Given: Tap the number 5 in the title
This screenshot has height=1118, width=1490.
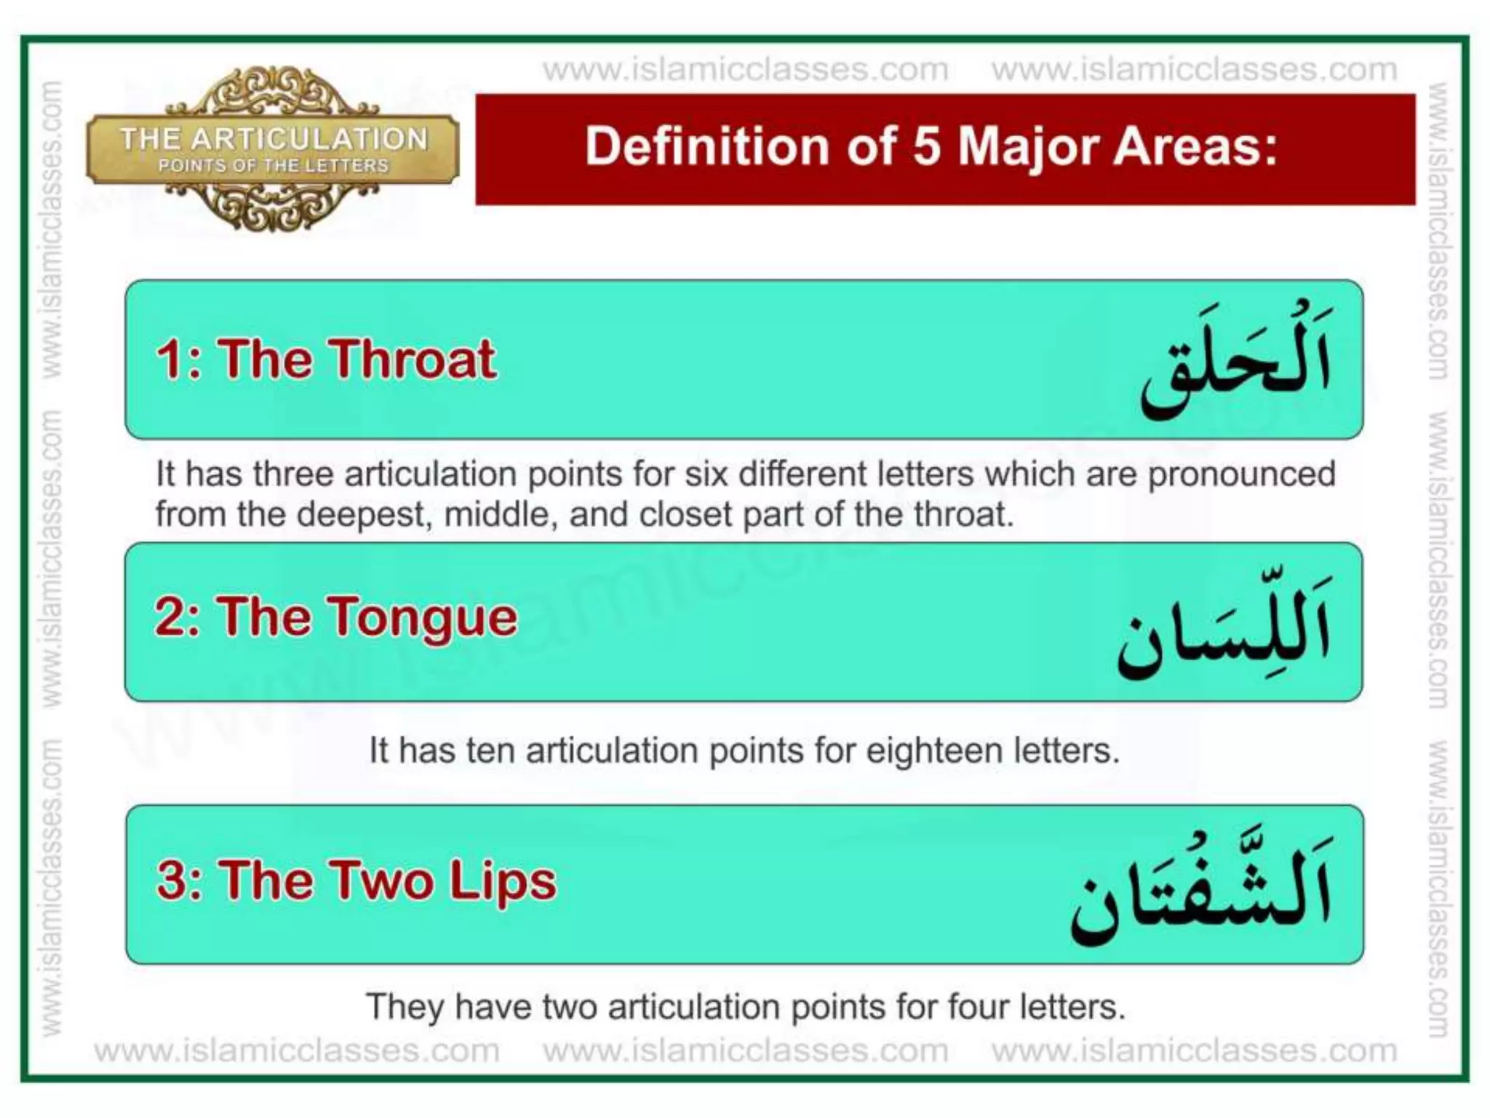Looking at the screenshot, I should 925,147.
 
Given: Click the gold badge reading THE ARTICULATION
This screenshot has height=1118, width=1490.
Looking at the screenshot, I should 273,148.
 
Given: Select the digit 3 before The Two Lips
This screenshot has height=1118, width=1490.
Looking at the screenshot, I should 172,881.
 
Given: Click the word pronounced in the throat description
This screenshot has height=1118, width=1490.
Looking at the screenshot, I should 1241,475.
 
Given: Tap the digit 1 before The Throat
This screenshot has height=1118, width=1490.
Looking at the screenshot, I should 169,360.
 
